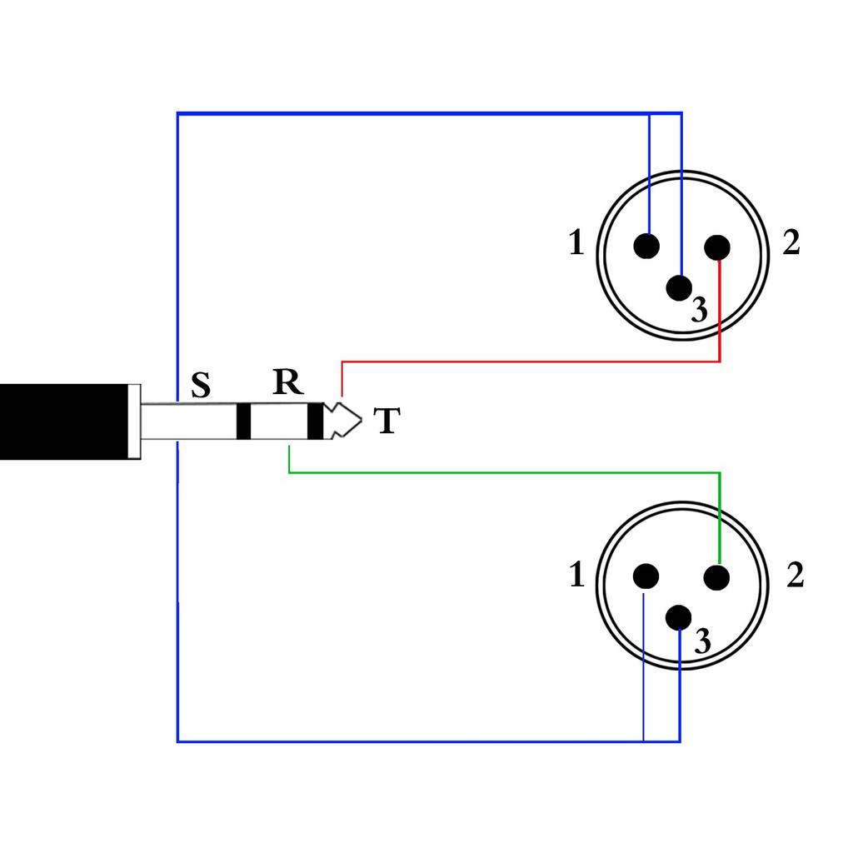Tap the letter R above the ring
tap(287, 382)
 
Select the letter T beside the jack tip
tap(386, 422)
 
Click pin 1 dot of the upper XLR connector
tap(646, 246)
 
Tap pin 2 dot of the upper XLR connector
tap(716, 247)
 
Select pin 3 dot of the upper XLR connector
tap(680, 288)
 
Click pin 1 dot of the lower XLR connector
tap(646, 576)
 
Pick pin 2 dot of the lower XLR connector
tap(716, 576)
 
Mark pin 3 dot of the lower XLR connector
tap(680, 617)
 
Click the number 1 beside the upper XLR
tap(576, 243)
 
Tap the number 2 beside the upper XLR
tap(791, 243)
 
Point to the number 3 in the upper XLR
tap(700, 311)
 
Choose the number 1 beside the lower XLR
tap(576, 576)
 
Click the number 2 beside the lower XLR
tap(795, 576)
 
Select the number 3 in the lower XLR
tap(702, 641)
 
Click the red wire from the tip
tap(533, 362)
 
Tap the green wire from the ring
tap(500, 472)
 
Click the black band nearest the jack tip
tap(315, 422)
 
